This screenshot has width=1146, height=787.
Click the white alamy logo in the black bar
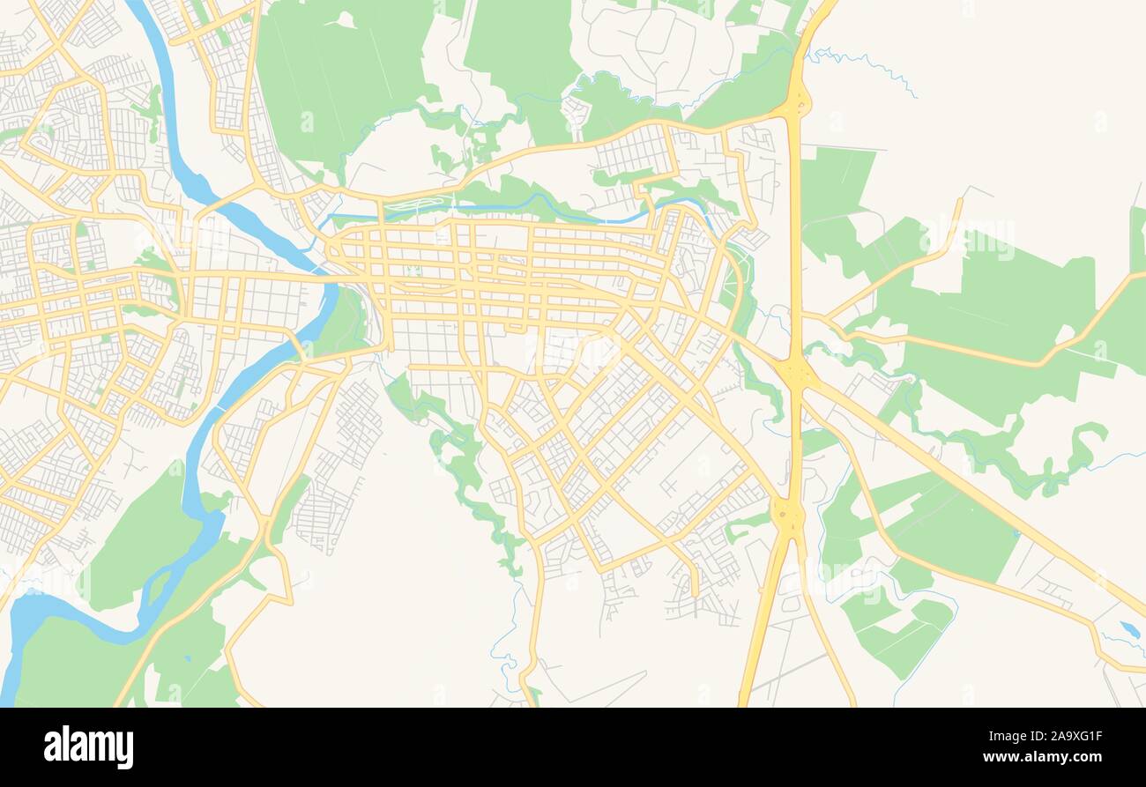tap(88, 747)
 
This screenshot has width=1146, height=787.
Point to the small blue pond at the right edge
tap(1127, 629)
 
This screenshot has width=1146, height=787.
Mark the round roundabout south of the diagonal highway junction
tap(786, 511)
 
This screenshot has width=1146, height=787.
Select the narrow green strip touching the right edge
tap(1137, 238)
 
